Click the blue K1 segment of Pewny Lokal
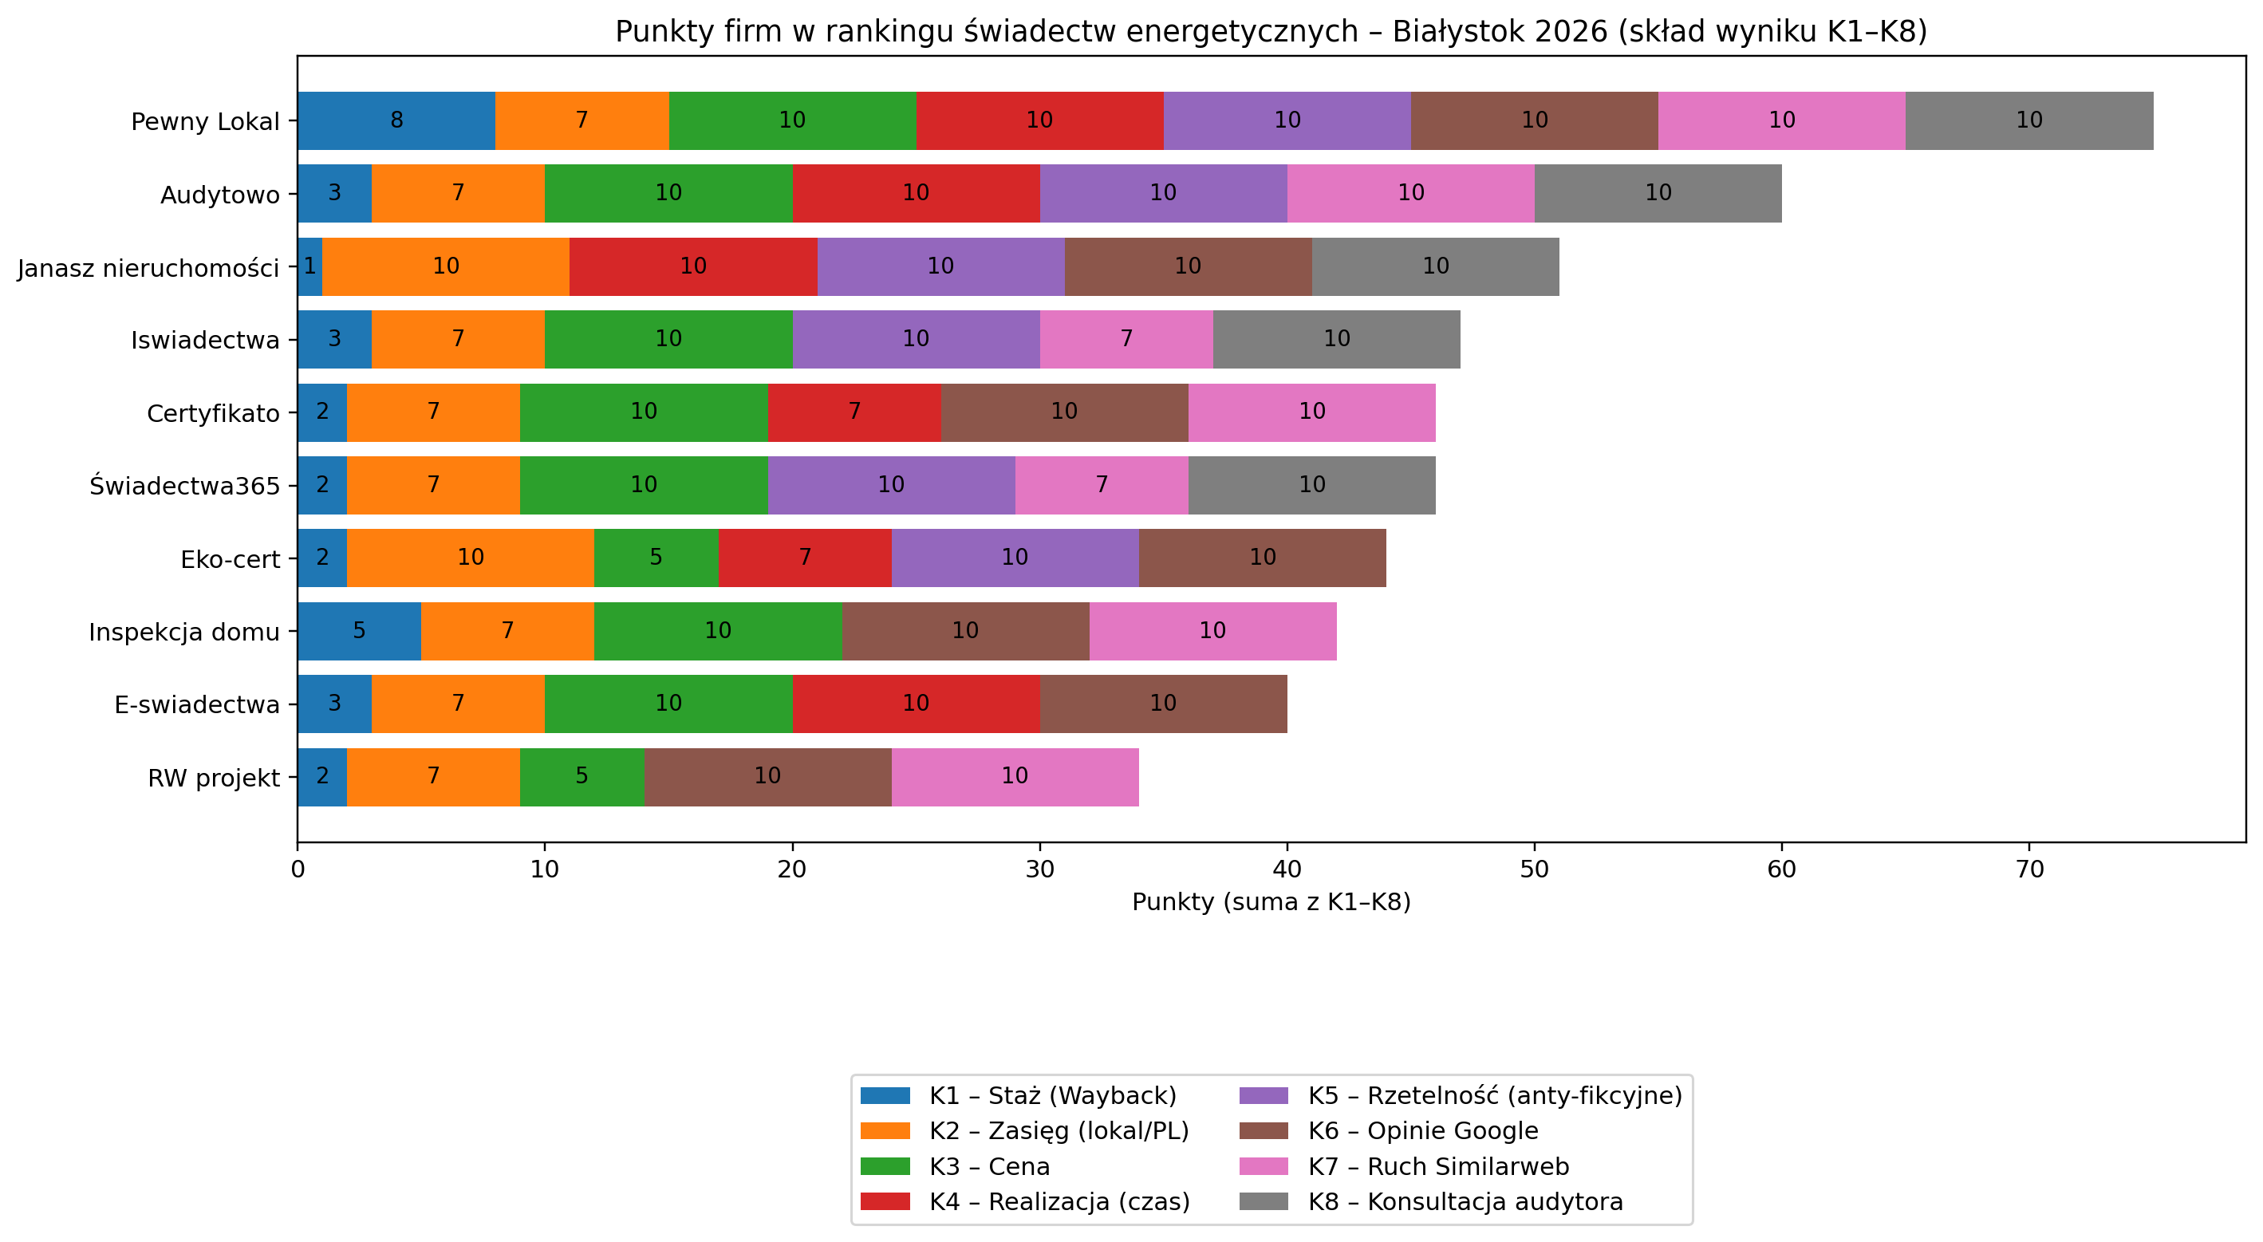396,120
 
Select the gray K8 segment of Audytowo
1658,193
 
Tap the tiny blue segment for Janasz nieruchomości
309,266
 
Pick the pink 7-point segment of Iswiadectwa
1126,339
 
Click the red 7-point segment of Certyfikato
854,412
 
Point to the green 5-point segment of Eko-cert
656,558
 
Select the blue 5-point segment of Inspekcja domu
358,631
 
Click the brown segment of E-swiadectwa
1163,704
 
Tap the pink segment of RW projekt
1015,776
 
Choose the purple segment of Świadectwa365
891,485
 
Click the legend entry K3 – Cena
989,1166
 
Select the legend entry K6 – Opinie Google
1422,1131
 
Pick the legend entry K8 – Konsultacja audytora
1465,1201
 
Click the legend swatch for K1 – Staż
885,1095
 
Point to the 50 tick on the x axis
1534,869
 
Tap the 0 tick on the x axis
298,869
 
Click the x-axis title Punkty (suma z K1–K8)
1271,902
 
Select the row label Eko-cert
231,559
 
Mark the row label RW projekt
214,779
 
